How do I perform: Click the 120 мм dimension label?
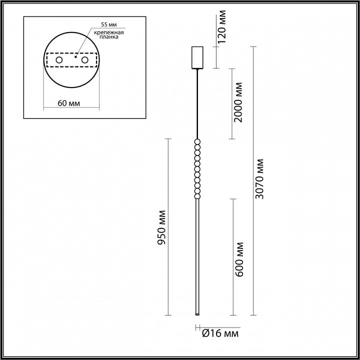222,26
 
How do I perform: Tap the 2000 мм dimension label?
237,102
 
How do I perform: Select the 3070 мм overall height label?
259,179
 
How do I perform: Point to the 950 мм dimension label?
161,227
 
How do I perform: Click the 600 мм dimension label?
239,259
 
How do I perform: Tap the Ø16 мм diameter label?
220,333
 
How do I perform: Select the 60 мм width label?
69,103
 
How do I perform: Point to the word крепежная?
109,32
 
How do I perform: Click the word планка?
109,36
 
